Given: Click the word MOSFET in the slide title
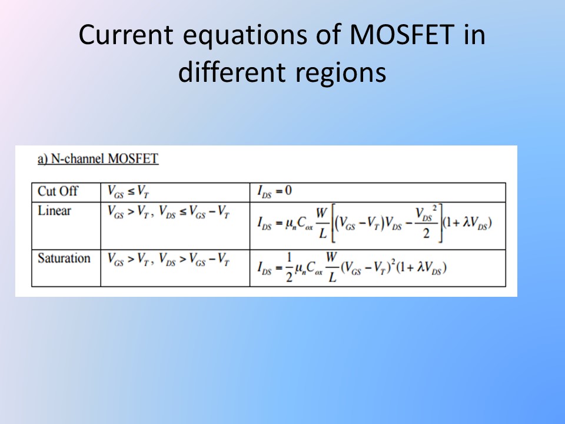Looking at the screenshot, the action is point(401,35).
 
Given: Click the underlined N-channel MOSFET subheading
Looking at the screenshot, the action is point(98,158).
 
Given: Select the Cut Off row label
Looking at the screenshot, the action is point(58,191).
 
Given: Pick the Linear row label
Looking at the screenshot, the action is point(54,211).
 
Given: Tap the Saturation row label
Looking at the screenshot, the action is point(64,258).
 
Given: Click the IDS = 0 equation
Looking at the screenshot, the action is point(274,191).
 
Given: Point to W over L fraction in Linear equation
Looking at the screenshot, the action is point(322,223).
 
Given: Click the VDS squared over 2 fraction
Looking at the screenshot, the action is point(426,223).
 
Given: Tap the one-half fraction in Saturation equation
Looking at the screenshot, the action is point(289,267).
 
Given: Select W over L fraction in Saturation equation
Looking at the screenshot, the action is point(332,267).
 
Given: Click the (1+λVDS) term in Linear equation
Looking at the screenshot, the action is point(467,223).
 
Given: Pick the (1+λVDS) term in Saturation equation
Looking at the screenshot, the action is point(421,268).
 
